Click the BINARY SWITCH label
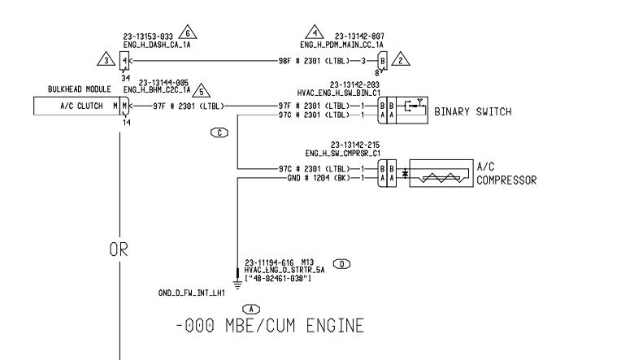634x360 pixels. (x=472, y=111)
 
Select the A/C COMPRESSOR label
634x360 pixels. (x=506, y=173)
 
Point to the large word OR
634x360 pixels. (x=120, y=251)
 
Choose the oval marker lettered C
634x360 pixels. (x=218, y=131)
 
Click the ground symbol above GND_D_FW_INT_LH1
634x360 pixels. (x=237, y=282)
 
